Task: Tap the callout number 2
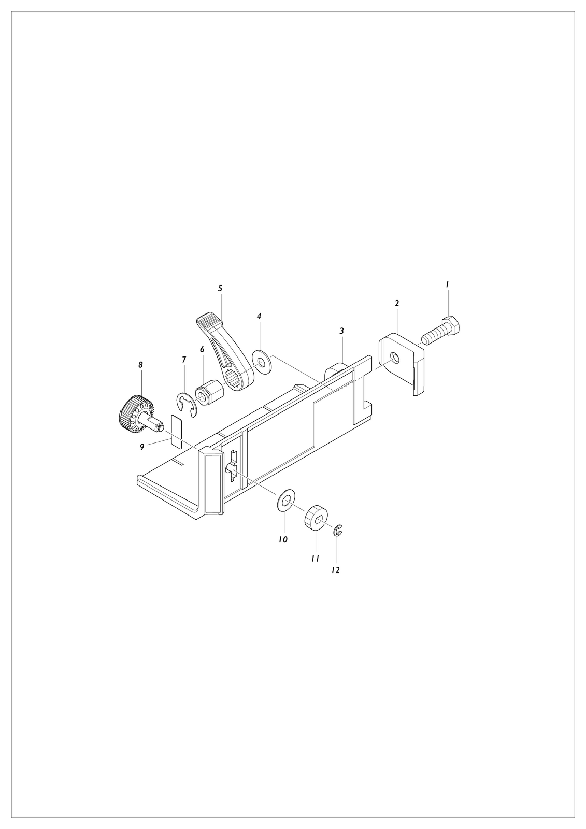pyautogui.click(x=397, y=303)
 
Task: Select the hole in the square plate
pyautogui.click(x=395, y=358)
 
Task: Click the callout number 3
pyautogui.click(x=341, y=331)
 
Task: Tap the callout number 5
pyautogui.click(x=220, y=288)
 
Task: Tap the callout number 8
pyautogui.click(x=140, y=365)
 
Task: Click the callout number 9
pyautogui.click(x=142, y=448)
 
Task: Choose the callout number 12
pyautogui.click(x=335, y=570)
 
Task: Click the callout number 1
pyautogui.click(x=447, y=284)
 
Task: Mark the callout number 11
pyautogui.click(x=315, y=559)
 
